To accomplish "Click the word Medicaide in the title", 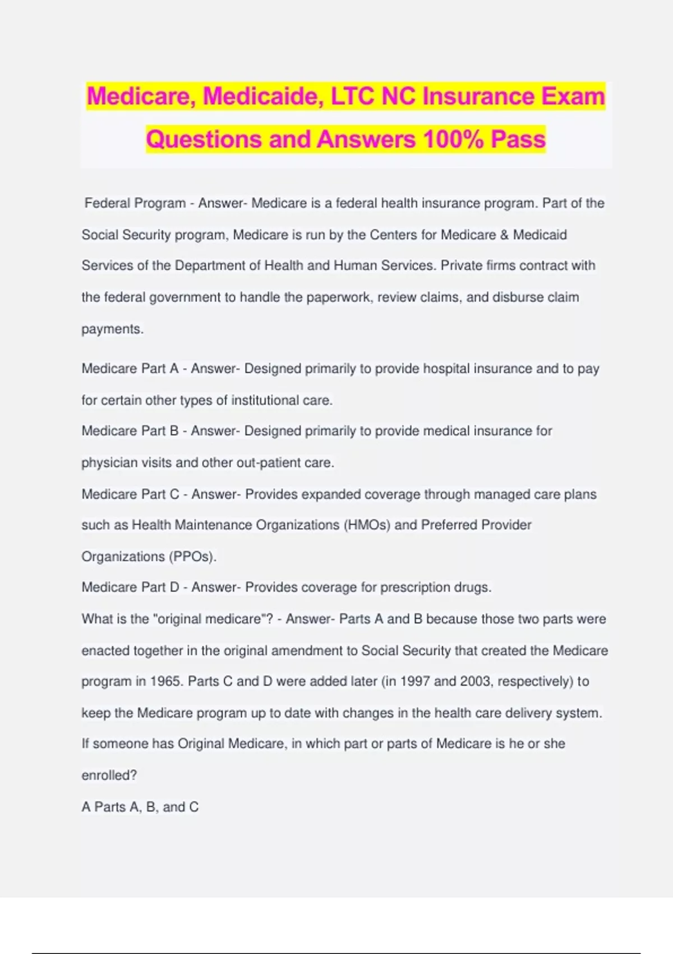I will point(262,97).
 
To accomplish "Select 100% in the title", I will point(453,139).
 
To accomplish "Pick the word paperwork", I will point(338,297).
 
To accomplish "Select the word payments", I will point(112,329).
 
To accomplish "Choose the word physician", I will point(109,463).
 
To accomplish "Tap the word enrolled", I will point(109,776).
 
